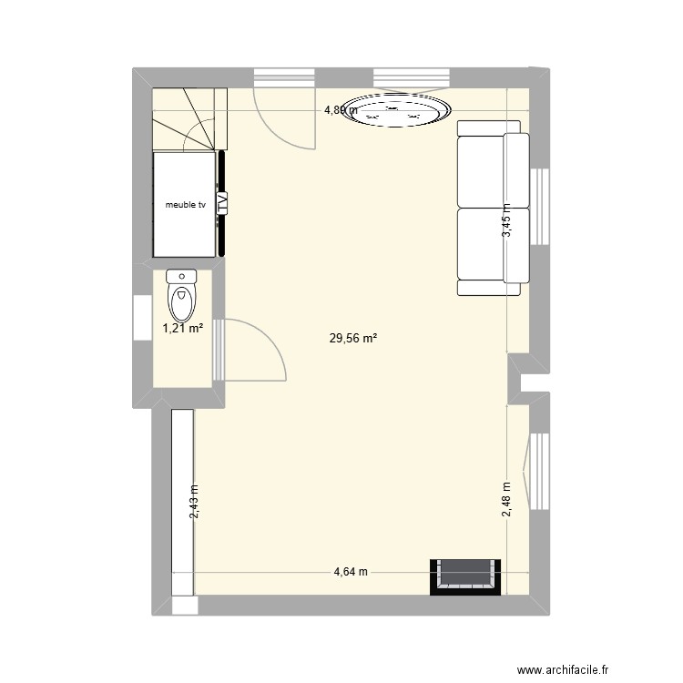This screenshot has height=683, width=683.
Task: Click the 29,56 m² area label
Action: (352, 339)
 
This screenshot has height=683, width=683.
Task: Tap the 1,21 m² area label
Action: (182, 329)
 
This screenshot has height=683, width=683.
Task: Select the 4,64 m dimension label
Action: (350, 573)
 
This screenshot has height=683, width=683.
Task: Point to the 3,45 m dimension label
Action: (507, 221)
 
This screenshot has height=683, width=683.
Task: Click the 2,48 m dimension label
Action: (507, 499)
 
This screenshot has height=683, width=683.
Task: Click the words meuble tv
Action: (185, 205)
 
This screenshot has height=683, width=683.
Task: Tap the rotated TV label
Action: (223, 204)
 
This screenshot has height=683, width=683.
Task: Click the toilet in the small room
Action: (183, 292)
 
